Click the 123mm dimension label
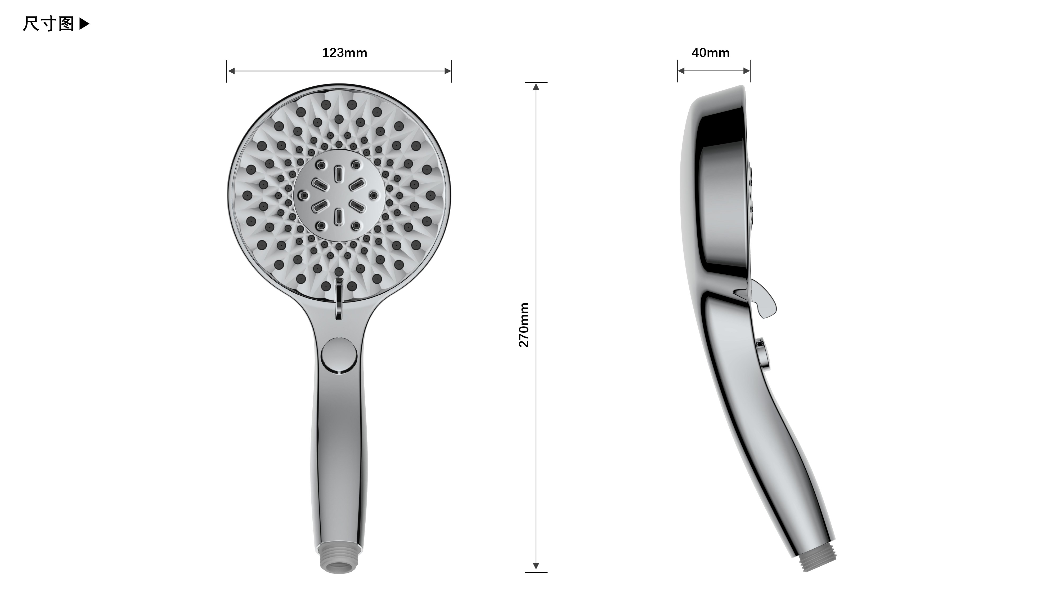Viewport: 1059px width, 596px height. point(344,53)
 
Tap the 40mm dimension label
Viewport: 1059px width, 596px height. point(710,53)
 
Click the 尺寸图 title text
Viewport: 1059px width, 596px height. point(48,24)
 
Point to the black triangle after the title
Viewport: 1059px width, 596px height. point(84,24)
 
